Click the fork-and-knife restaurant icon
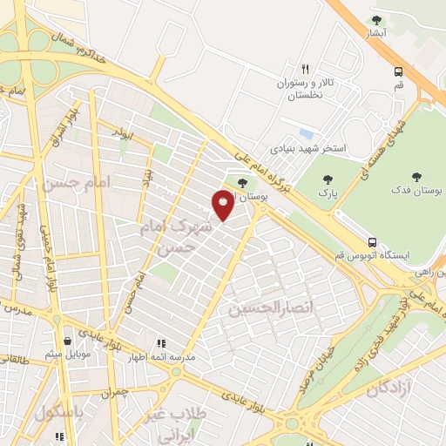point(305,69)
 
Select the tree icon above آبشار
point(376,20)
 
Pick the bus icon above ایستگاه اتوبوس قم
point(372,242)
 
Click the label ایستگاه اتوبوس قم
point(384,257)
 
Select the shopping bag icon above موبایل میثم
point(68,341)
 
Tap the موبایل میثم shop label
point(64,355)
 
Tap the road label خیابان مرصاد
point(325,356)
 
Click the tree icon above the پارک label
point(328,180)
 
